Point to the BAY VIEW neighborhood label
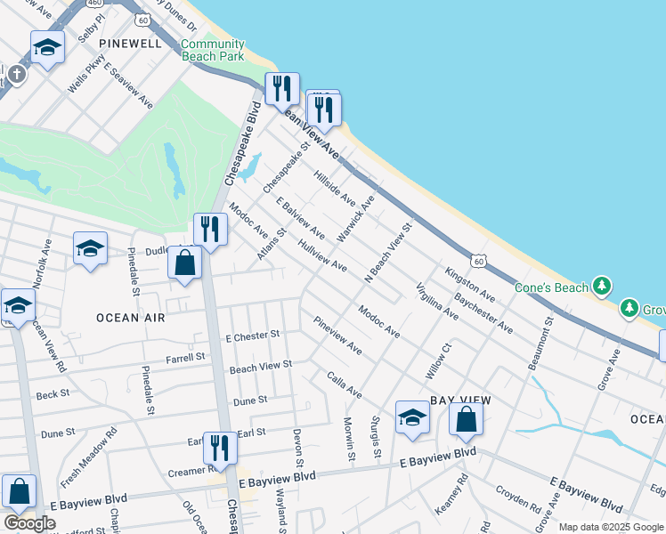461,401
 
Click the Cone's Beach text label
552,287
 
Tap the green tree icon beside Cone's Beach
604,286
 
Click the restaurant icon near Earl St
219,446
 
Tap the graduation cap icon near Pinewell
47,47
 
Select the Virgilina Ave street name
437,302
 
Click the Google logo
29,523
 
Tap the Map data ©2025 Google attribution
610,527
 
